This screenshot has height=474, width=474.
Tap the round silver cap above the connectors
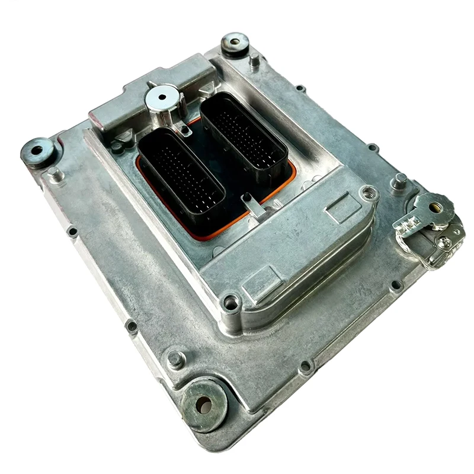(163, 98)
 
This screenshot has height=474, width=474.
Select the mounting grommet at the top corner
(235, 43)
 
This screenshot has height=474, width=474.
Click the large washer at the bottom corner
(204, 404)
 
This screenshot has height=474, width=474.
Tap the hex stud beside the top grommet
(254, 60)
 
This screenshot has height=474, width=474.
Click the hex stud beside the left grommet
(55, 174)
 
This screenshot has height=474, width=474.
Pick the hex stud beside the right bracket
(399, 181)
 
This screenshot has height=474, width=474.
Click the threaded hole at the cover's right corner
(369, 193)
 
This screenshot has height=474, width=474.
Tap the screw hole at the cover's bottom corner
(230, 302)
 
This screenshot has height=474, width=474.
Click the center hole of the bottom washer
(204, 405)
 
